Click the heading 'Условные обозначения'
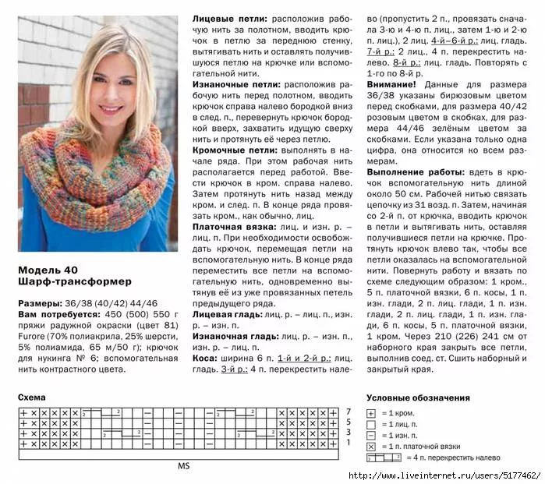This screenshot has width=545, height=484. (418, 397)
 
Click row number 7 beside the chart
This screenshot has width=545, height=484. (349, 412)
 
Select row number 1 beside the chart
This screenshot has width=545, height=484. (349, 444)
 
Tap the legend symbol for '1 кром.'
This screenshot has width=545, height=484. (372, 412)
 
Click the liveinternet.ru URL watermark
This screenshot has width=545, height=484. (444, 475)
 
